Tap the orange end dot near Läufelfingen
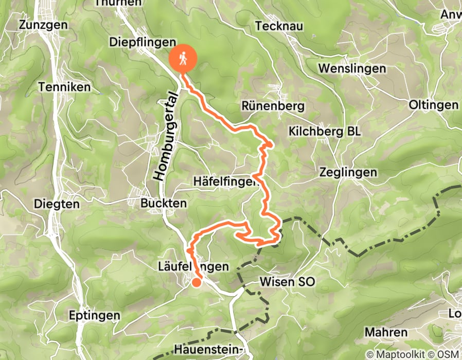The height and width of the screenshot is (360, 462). [x=197, y=282]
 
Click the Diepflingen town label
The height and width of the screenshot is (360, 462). [x=143, y=43]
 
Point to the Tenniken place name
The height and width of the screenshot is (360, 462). [x=64, y=87]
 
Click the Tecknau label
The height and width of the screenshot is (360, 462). [x=279, y=26]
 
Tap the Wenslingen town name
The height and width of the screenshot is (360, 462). [x=352, y=68]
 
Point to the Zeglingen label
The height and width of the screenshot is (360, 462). [x=348, y=172]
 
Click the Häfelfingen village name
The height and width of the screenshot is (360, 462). [x=225, y=182]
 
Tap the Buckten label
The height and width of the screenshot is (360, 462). [x=163, y=204]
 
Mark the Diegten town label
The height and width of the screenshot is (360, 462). [x=57, y=204]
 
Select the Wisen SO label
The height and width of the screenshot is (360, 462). [x=287, y=282]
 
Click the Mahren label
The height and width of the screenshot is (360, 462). [x=386, y=332]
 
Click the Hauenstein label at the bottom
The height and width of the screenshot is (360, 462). [x=211, y=350]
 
